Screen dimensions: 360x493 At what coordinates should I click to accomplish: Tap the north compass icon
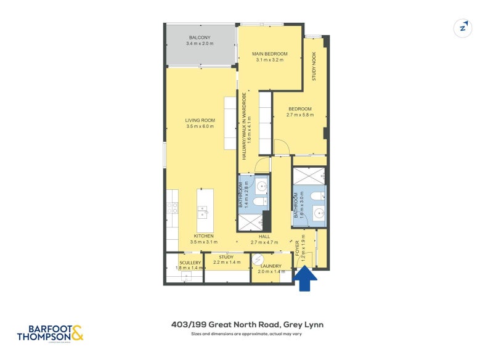462,28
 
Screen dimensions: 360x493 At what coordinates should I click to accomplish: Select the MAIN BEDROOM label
270,54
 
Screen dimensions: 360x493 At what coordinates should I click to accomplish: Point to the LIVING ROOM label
200,120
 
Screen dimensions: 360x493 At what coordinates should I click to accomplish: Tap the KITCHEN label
203,236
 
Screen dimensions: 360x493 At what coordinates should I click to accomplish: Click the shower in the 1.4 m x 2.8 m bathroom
249,222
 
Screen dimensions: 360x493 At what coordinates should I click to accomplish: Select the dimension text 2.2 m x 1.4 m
227,263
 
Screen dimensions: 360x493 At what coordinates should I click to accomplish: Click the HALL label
265,236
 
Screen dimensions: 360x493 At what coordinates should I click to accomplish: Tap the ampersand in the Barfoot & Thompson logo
76,333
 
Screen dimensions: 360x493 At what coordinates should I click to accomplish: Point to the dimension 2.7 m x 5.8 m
300,115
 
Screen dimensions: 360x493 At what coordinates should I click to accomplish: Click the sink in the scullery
185,276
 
